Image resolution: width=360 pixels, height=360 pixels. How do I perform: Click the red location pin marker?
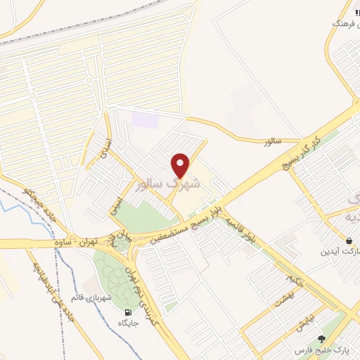181,165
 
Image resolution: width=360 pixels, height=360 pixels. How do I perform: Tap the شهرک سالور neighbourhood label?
167,184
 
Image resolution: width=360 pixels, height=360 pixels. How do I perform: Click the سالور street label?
272,142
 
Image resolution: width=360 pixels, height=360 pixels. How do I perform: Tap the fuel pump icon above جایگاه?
127,312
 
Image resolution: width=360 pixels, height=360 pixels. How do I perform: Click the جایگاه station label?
127,323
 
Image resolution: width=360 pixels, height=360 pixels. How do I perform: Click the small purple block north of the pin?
146,120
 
